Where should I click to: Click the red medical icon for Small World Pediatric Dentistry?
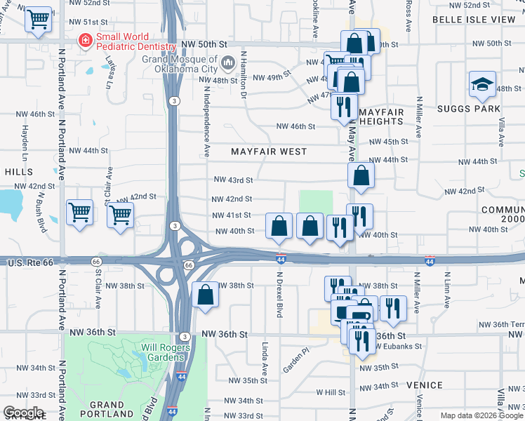[x=86, y=41]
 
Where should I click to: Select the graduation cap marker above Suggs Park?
[x=482, y=86]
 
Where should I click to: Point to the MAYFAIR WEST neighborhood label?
[x=269, y=152]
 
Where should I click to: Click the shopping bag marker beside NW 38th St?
[x=205, y=296]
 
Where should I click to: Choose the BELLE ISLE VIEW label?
[x=474, y=20]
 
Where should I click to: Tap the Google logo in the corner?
[x=22, y=412]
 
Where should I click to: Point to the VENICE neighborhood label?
[x=424, y=385]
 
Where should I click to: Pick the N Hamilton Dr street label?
[x=244, y=74]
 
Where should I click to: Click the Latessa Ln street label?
[x=109, y=72]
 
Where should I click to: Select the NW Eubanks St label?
[x=397, y=347]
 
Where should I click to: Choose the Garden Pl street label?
[x=295, y=361]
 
